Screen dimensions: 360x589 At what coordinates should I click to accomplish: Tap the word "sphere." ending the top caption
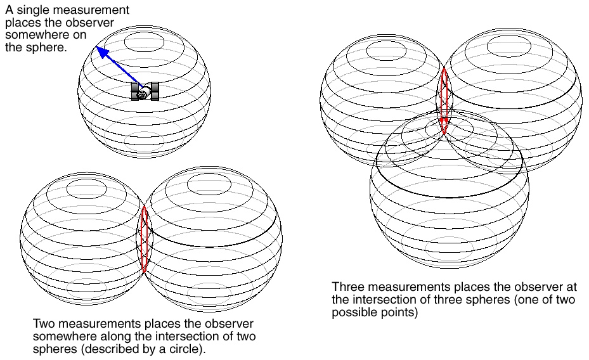(49, 48)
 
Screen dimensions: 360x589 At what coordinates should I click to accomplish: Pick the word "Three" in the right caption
(346, 286)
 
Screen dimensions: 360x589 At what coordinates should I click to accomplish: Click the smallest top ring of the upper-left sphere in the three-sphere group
(385, 49)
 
